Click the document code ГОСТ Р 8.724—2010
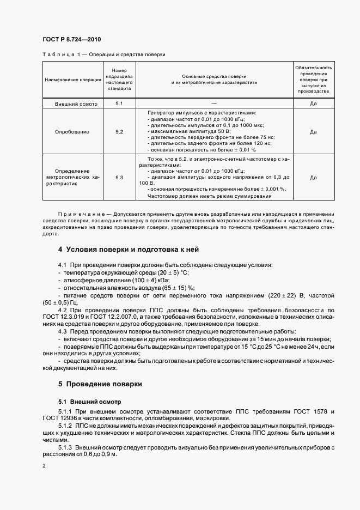pyautogui.click(x=71, y=40)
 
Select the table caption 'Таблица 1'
pyautogui.click(x=56, y=55)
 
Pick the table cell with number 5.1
pyautogui.click(x=119, y=104)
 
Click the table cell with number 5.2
pyautogui.click(x=119, y=132)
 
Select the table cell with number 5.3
pyautogui.click(x=119, y=178)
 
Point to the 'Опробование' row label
pyautogui.click(x=73, y=132)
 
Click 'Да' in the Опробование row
pyautogui.click(x=313, y=132)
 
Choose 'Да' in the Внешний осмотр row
pyautogui.click(x=313, y=104)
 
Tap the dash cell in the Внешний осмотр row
pyautogui.click(x=214, y=103)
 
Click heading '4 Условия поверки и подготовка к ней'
pyautogui.click(x=129, y=250)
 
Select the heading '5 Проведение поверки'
pyautogui.click(x=100, y=384)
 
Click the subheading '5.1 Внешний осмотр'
pyautogui.click(x=85, y=402)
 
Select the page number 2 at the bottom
pyautogui.click(x=44, y=466)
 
